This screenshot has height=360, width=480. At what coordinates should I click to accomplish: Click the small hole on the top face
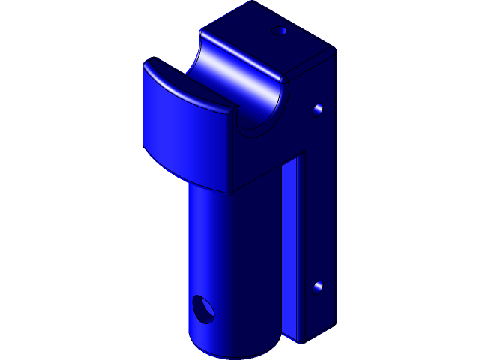282,31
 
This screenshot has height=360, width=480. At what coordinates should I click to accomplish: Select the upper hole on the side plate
318,109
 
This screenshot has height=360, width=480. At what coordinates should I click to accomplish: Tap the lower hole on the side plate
318,286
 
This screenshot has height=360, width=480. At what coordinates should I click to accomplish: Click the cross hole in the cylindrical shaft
202,308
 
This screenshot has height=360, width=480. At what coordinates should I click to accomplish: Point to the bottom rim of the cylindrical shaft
232,351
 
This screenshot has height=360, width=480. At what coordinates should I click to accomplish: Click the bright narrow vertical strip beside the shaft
292,247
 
